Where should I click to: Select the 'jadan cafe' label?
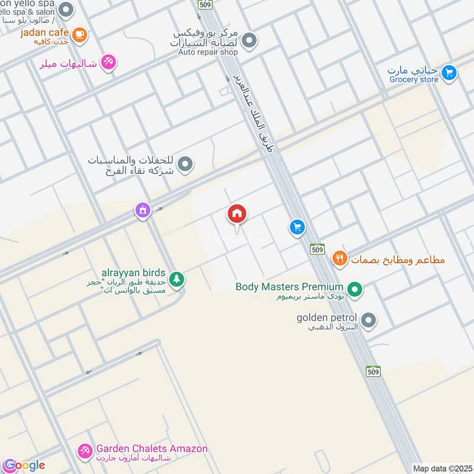tap(44, 32)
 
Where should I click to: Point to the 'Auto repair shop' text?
tap(208, 52)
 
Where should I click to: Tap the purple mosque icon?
tap(142, 210)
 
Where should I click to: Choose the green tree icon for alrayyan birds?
tap(176, 278)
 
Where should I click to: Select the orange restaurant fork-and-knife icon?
tap(339, 258)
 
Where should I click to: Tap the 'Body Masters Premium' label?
tap(289, 287)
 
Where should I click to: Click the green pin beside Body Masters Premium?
tap(354, 290)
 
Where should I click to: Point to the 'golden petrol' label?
tap(327, 318)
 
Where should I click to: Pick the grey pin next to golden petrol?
tap(369, 321)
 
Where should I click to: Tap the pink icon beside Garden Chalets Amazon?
tap(85, 452)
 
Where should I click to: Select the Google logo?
tap(24, 465)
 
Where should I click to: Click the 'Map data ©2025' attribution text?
tap(443, 468)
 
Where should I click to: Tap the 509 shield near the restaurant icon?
tap(317, 249)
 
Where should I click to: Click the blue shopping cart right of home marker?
tap(297, 227)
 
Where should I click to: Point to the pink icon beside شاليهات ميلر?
tap(108, 62)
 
